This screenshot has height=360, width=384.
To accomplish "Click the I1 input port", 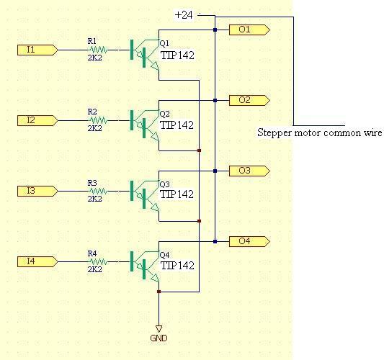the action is tap(37, 50).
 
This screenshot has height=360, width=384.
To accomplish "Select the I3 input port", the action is tap(37, 191).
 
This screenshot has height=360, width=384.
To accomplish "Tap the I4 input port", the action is tap(37, 261).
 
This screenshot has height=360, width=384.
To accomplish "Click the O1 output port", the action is tap(249, 30).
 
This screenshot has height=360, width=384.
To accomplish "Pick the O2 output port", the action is tap(249, 100).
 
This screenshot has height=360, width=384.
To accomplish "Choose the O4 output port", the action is tap(249, 241).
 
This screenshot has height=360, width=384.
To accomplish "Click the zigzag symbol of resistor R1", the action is tap(98, 50).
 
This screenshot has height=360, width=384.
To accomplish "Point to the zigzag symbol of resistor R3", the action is tap(98, 191).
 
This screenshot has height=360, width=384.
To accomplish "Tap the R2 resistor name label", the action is tap(92, 112).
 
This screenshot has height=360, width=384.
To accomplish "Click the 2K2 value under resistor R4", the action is tap(95, 269).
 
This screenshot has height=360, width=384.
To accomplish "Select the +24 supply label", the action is tap(184, 15).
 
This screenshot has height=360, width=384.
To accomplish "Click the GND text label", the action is tap(158, 338).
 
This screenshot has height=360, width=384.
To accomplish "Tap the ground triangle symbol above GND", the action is tap(158, 328).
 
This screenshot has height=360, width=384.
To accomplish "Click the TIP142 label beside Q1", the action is tap(177, 55).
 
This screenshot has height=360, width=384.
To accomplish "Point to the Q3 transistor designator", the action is tap(164, 184).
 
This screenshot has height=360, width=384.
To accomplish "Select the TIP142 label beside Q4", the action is tap(177, 266).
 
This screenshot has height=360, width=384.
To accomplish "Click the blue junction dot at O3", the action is tap(215, 171).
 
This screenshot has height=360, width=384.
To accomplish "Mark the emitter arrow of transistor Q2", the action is tap(155, 137).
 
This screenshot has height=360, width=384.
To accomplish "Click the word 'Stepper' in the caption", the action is tap(274, 133).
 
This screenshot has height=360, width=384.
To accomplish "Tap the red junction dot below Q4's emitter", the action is tap(158, 292).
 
